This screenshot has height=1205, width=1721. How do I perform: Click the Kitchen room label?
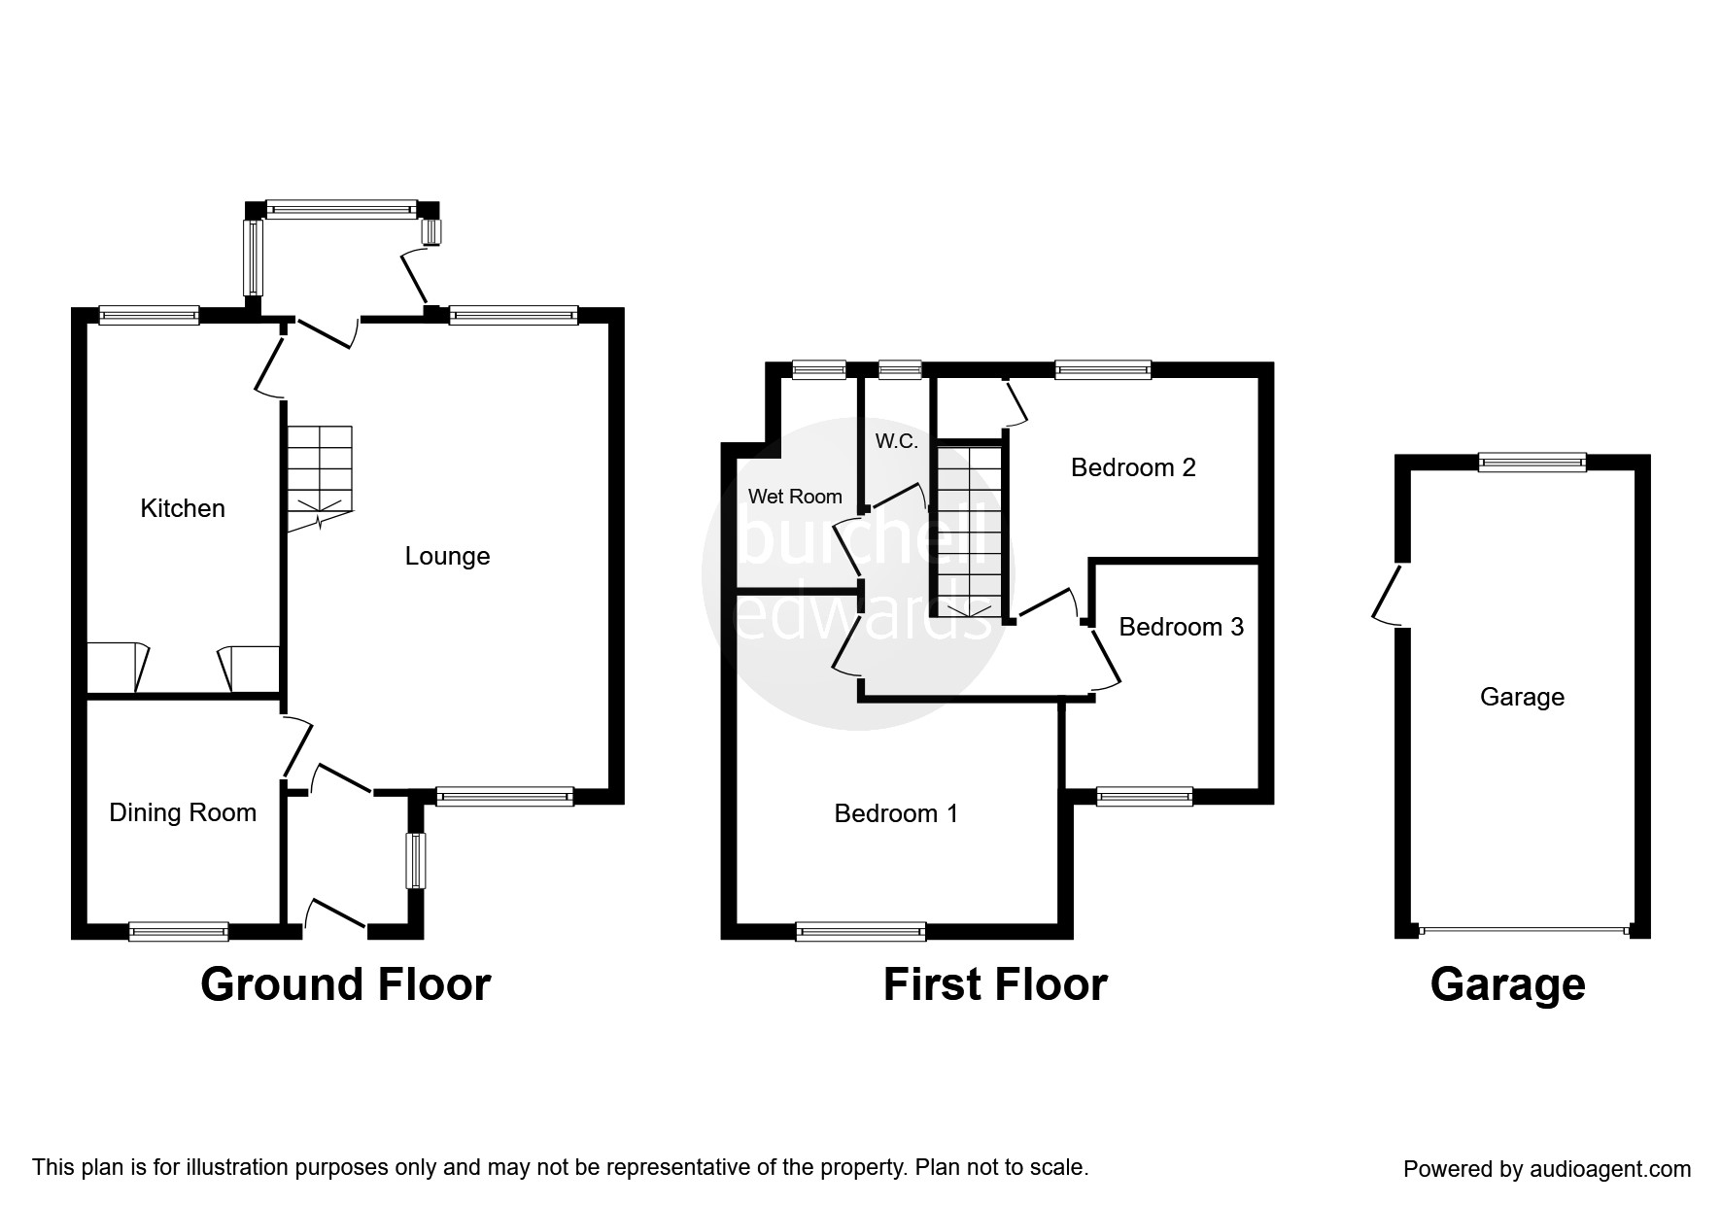pyautogui.click(x=183, y=508)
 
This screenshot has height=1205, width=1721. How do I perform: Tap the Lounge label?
pyautogui.click(x=447, y=556)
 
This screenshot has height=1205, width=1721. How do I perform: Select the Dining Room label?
pyautogui.click(x=183, y=812)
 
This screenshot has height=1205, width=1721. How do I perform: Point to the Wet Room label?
pyautogui.click(x=795, y=497)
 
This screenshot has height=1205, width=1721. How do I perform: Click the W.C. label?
pyautogui.click(x=896, y=441)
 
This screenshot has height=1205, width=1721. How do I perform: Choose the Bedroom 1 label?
pyautogui.click(x=896, y=812)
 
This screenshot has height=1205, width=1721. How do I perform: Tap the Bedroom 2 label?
pyautogui.click(x=1133, y=467)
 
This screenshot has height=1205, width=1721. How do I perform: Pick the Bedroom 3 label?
pyautogui.click(x=1181, y=627)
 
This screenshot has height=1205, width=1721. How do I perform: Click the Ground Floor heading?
pyautogui.click(x=345, y=984)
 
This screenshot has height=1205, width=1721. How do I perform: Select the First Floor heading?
pyautogui.click(x=995, y=984)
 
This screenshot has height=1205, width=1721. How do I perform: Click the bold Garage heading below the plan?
pyautogui.click(x=1507, y=984)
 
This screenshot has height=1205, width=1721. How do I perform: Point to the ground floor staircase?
pyautogui.click(x=319, y=476)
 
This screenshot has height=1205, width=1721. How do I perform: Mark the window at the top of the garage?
pyautogui.click(x=1532, y=463)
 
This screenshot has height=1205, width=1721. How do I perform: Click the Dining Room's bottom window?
pyautogui.click(x=179, y=931)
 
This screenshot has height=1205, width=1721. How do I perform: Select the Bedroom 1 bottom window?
pyautogui.click(x=860, y=931)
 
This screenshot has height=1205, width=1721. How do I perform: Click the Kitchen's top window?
pyautogui.click(x=149, y=315)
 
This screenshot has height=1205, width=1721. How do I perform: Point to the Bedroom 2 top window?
pyautogui.click(x=1102, y=369)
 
